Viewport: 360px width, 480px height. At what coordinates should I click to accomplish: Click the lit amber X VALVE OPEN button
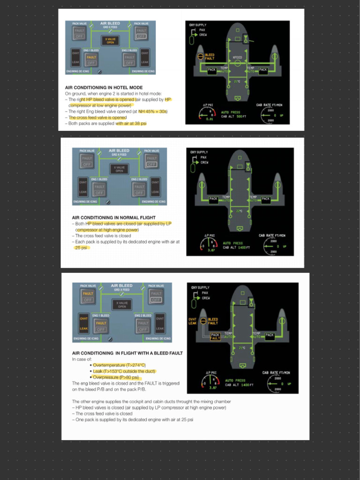pos(110,40)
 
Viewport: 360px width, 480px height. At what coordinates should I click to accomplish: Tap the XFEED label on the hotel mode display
pos(237,57)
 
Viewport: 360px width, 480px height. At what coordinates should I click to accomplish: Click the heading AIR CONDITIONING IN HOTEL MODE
pos(104,88)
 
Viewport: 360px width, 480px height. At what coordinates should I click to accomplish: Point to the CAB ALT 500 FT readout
pos(232,116)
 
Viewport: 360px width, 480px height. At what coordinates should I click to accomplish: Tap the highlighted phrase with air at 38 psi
pos(131,123)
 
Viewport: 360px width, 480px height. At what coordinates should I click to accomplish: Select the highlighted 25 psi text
pos(82,247)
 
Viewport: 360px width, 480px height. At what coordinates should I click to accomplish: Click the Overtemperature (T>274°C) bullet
pos(119,365)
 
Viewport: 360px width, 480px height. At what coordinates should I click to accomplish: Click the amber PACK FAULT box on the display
pos(215,337)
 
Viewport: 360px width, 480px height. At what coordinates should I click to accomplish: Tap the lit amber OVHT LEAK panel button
pos(83,323)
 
